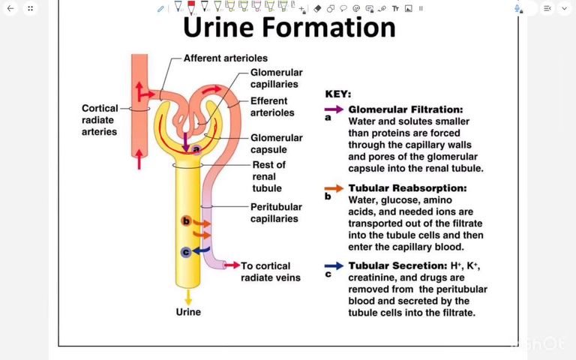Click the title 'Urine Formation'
tap(289, 28)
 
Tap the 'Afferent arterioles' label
tap(225, 58)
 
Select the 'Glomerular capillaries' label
tap(277, 78)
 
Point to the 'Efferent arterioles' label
tap(272, 106)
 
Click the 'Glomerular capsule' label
tap(277, 143)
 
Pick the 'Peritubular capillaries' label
tap(276, 212)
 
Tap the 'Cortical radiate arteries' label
tap(100, 120)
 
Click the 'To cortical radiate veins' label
tap(271, 271)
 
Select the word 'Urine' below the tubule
tap(188, 311)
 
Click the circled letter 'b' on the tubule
tap(186, 221)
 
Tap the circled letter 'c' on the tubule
tap(185, 253)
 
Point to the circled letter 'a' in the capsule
tap(196, 149)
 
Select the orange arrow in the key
tap(334, 187)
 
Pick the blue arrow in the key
tap(334, 265)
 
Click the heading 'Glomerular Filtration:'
tap(405, 109)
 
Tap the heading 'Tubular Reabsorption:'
tap(407, 187)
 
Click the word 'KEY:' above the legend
tap(337, 94)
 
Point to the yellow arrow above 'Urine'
tap(188, 296)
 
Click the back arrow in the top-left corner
tap(10, 8)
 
